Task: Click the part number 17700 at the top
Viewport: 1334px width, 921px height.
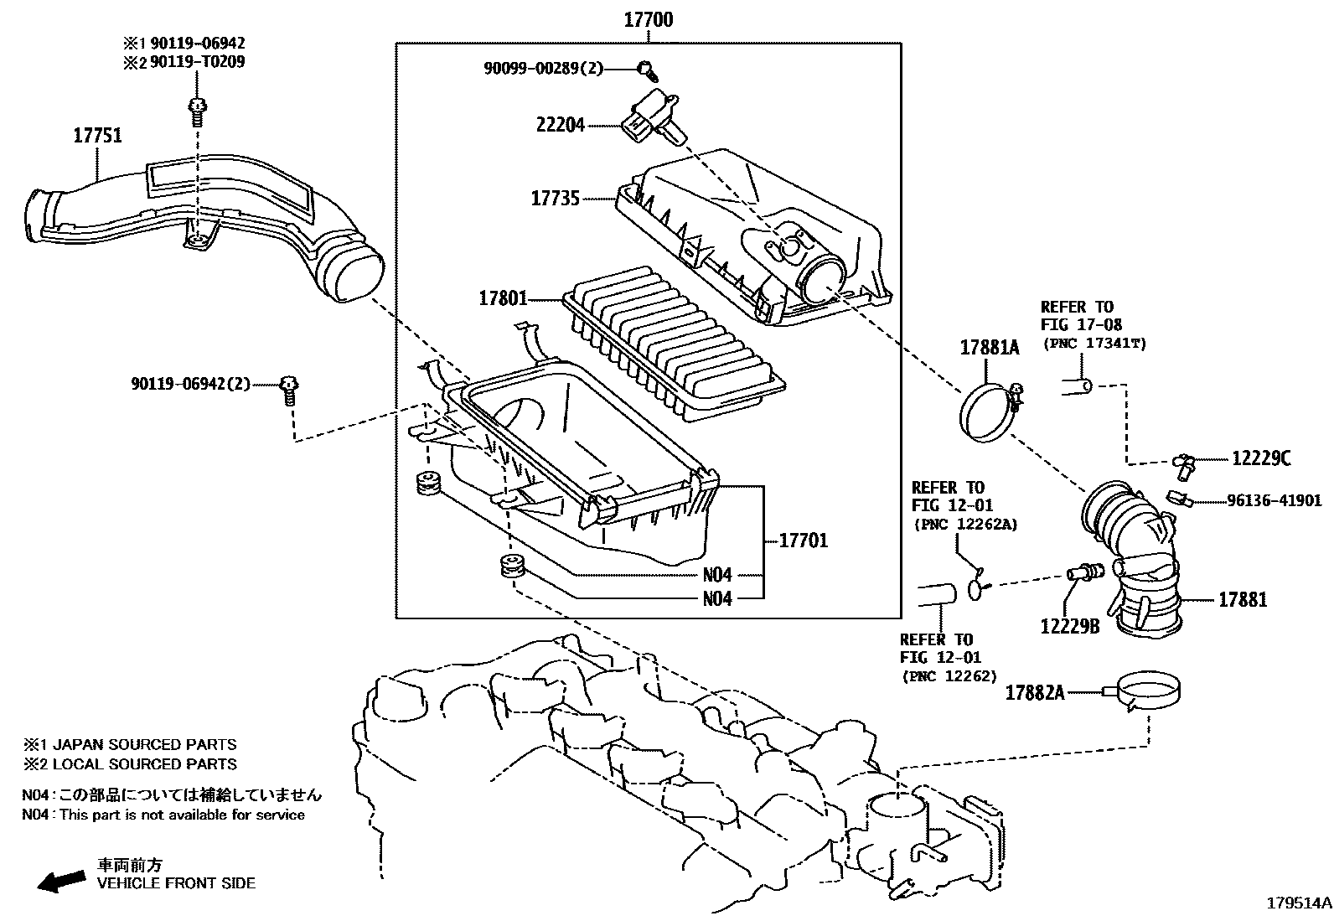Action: tap(648, 18)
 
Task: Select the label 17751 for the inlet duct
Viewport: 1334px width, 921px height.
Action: tap(97, 135)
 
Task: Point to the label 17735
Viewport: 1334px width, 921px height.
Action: tap(555, 199)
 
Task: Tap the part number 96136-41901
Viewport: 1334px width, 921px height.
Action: tap(1274, 501)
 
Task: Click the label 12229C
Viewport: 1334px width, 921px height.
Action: tap(1260, 458)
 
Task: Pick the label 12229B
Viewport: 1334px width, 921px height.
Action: tap(1069, 625)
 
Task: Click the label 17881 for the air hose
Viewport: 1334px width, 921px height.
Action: tap(1242, 599)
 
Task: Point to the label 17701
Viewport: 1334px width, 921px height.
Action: tap(803, 541)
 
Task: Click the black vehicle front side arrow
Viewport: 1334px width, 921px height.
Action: tap(62, 880)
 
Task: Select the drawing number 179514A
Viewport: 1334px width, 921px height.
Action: tap(1298, 903)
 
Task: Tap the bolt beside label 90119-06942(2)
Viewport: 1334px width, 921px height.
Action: tap(290, 388)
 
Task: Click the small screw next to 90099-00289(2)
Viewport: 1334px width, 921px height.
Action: tap(645, 68)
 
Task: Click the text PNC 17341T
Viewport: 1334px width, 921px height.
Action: tap(1094, 344)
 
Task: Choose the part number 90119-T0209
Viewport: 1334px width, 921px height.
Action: tap(198, 62)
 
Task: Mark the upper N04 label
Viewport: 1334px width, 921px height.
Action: tap(716, 575)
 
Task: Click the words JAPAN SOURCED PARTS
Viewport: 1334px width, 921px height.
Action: tap(144, 744)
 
